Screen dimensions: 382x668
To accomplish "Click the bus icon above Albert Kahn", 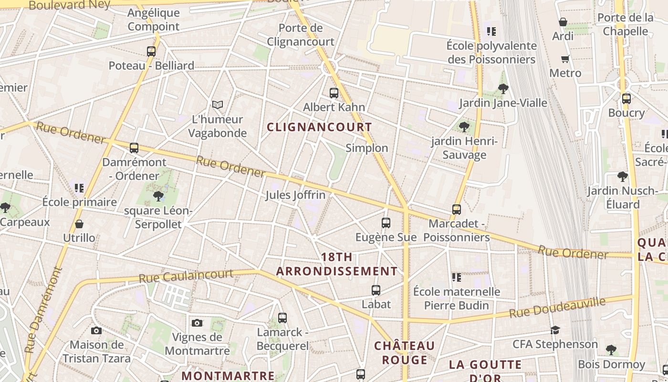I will pos(334,93).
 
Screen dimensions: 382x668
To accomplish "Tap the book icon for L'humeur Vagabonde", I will pos(218,105).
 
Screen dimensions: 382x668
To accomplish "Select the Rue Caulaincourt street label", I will pos(186,276).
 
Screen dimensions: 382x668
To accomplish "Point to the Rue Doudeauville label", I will pos(557,308).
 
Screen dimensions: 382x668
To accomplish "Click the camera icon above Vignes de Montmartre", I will pos(197,323).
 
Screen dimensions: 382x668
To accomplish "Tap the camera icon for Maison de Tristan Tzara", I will pos(96,330).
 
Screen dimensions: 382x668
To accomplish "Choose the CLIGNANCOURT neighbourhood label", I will pos(319,127).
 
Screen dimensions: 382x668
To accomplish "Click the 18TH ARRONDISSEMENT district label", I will pos(337,264).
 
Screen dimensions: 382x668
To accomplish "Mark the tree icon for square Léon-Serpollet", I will pos(158,196).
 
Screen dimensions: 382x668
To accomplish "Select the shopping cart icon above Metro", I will pos(565,59).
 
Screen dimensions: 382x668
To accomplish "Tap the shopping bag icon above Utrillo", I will pos(79,224).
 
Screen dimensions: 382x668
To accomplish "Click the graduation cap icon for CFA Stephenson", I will pos(555,330).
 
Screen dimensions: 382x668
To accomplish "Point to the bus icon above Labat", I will pos(376,290).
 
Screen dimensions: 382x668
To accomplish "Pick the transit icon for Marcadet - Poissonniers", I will pos(457,210).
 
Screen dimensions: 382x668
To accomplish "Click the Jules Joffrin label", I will pos(295,195).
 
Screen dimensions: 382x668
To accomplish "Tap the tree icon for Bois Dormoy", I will pos(611,350).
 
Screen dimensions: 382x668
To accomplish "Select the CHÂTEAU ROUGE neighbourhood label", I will pos(404,352).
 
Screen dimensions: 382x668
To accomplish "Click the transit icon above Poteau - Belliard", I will pos(151,52).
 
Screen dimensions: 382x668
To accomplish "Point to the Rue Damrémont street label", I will pos(44,309).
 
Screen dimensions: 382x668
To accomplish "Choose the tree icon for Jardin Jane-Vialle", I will pos(503,89).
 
